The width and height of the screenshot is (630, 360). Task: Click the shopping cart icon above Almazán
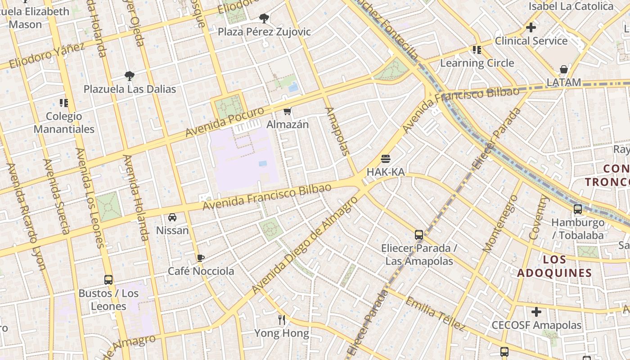(x=287, y=111)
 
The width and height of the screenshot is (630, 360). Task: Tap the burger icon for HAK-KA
(x=385, y=159)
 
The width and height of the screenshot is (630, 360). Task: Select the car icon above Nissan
(x=172, y=218)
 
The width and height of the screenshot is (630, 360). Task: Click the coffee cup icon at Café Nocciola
(x=201, y=258)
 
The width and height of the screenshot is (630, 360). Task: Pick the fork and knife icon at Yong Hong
(x=282, y=320)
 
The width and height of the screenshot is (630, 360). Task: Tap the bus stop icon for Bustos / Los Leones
(x=108, y=280)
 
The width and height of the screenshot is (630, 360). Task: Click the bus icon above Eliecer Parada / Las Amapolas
(x=419, y=235)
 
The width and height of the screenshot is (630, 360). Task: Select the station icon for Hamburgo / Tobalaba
(x=578, y=209)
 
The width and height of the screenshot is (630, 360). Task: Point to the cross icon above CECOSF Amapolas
(x=536, y=312)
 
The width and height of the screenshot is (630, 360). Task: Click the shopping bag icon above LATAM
(x=563, y=69)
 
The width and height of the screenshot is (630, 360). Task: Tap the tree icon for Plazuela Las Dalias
(x=130, y=76)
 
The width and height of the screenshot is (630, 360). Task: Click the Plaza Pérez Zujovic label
(x=264, y=31)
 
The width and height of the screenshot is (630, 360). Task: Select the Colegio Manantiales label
(x=64, y=123)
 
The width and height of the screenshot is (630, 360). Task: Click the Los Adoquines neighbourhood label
(x=554, y=266)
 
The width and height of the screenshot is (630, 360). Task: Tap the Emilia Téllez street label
(x=435, y=313)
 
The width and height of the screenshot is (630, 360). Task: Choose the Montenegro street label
(x=499, y=224)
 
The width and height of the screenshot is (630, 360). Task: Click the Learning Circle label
(x=477, y=63)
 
